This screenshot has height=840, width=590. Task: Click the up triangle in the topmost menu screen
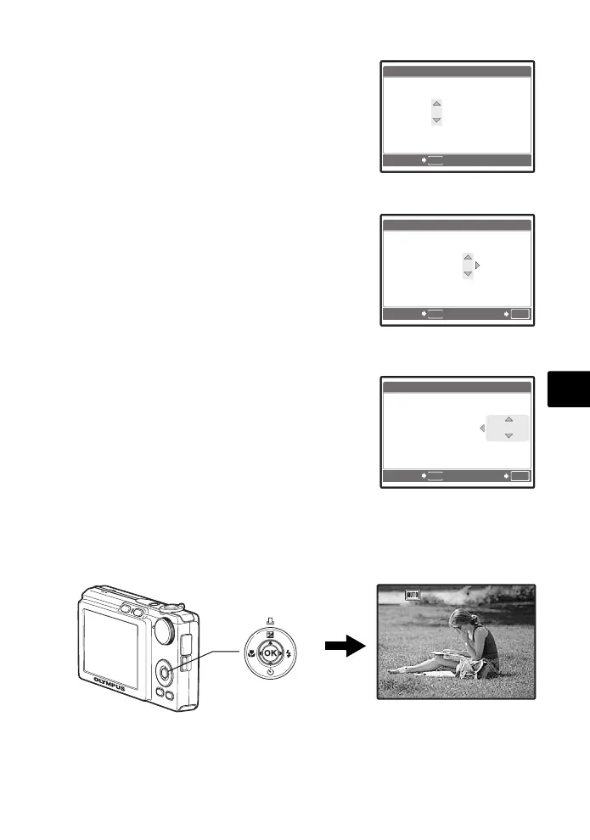click(x=436, y=104)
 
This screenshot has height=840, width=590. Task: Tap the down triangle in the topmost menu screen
click(x=436, y=120)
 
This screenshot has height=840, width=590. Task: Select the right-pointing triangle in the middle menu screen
click(x=478, y=266)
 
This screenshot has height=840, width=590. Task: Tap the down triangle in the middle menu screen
click(x=467, y=274)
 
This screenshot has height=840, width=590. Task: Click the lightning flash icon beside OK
click(x=289, y=653)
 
